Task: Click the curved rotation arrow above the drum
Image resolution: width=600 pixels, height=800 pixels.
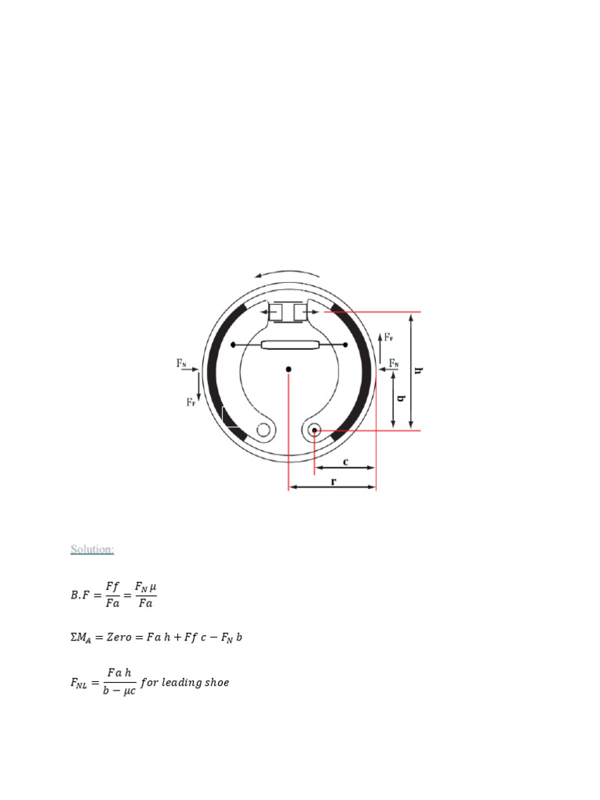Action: (288, 271)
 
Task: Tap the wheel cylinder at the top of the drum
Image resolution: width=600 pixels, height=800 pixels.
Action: (288, 312)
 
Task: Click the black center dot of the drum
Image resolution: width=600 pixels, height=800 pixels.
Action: (288, 369)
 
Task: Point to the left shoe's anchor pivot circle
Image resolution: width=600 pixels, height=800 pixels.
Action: (263, 430)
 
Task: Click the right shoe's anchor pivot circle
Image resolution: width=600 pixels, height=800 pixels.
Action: (314, 430)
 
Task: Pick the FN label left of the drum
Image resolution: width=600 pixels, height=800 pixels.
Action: (181, 363)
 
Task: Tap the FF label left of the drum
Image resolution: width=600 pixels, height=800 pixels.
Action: (191, 402)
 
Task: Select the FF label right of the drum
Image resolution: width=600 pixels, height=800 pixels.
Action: (389, 337)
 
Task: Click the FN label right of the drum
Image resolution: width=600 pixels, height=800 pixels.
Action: (395, 362)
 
